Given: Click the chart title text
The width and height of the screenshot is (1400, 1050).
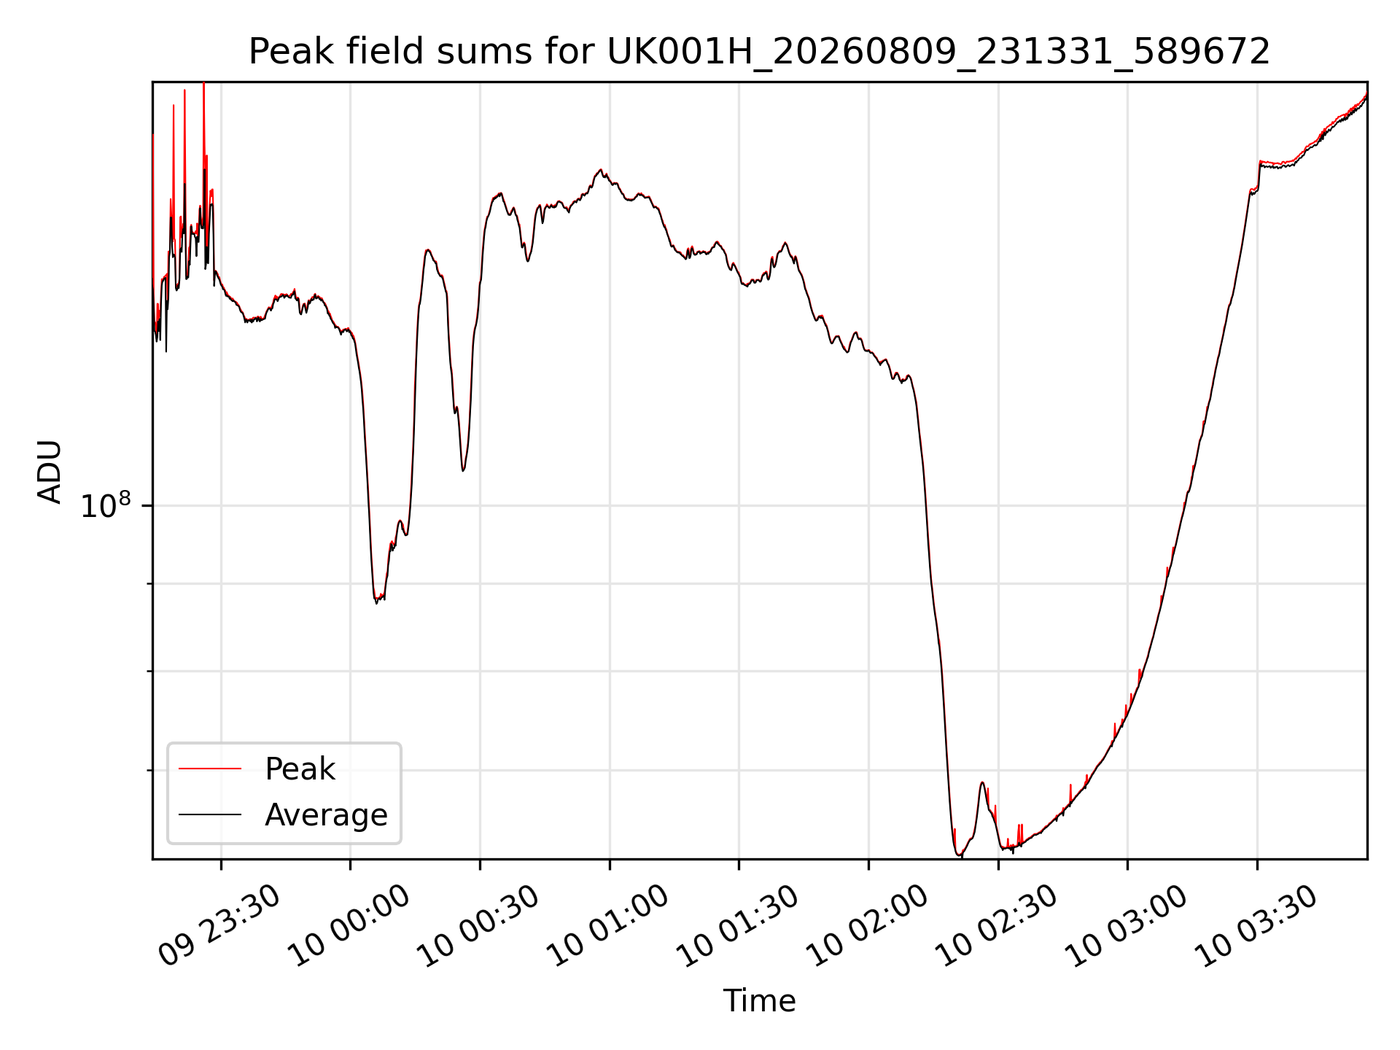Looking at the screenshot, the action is [759, 52].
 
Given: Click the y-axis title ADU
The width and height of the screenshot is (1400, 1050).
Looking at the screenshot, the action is [50, 471].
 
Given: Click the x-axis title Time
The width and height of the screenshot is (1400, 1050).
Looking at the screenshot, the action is [759, 1000].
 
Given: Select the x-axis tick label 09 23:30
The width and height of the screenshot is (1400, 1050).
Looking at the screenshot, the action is [219, 925].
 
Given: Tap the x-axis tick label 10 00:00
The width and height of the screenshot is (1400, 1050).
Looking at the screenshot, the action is [349, 925].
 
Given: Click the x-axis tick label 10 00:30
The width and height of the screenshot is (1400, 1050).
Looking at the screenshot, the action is [478, 925].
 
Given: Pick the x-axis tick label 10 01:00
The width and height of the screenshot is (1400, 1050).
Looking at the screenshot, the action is [608, 925].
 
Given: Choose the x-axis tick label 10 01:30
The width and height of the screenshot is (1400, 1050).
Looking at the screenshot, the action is [738, 925].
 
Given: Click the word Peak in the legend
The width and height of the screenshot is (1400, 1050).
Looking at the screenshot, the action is [300, 769].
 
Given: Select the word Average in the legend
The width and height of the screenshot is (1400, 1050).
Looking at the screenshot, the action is [326, 814].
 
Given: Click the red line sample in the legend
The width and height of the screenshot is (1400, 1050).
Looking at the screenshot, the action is [210, 769].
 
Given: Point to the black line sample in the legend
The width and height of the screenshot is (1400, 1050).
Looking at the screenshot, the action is [210, 814].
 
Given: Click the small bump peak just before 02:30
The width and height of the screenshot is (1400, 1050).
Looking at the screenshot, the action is [982, 782].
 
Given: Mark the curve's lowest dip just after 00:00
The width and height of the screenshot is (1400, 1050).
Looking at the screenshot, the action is [377, 602].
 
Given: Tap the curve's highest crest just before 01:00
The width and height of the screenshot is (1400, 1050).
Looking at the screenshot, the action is [601, 170].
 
